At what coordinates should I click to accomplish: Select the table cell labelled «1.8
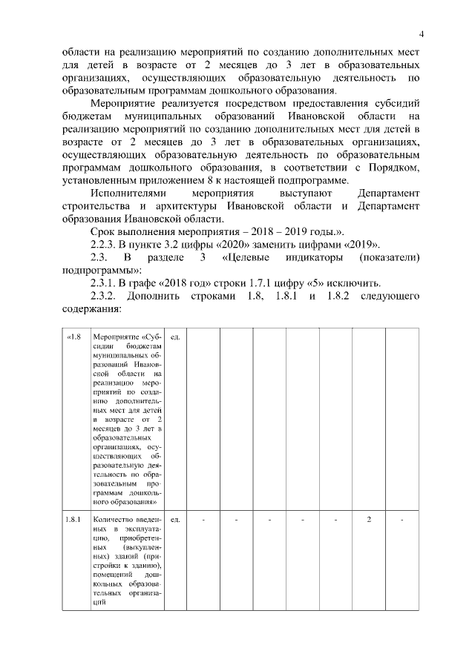pos(74,338)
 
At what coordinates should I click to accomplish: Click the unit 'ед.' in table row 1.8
pos(176,338)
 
